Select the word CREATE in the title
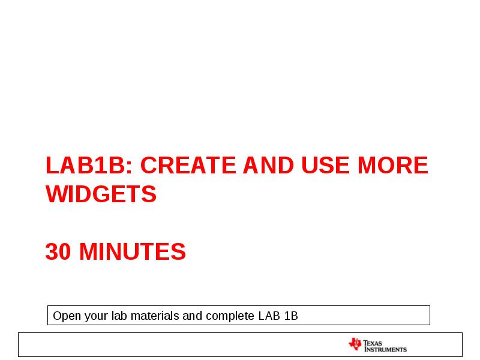pyautogui.click(x=189, y=166)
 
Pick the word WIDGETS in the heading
pyautogui.click(x=101, y=194)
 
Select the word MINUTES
pyautogui.click(x=133, y=252)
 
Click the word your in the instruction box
pyautogui.click(x=93, y=316)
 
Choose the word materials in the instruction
pyautogui.click(x=154, y=316)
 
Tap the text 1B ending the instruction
pyautogui.click(x=291, y=316)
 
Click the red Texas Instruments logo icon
pyautogui.click(x=355, y=344)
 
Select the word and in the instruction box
pyautogui.click(x=192, y=316)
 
